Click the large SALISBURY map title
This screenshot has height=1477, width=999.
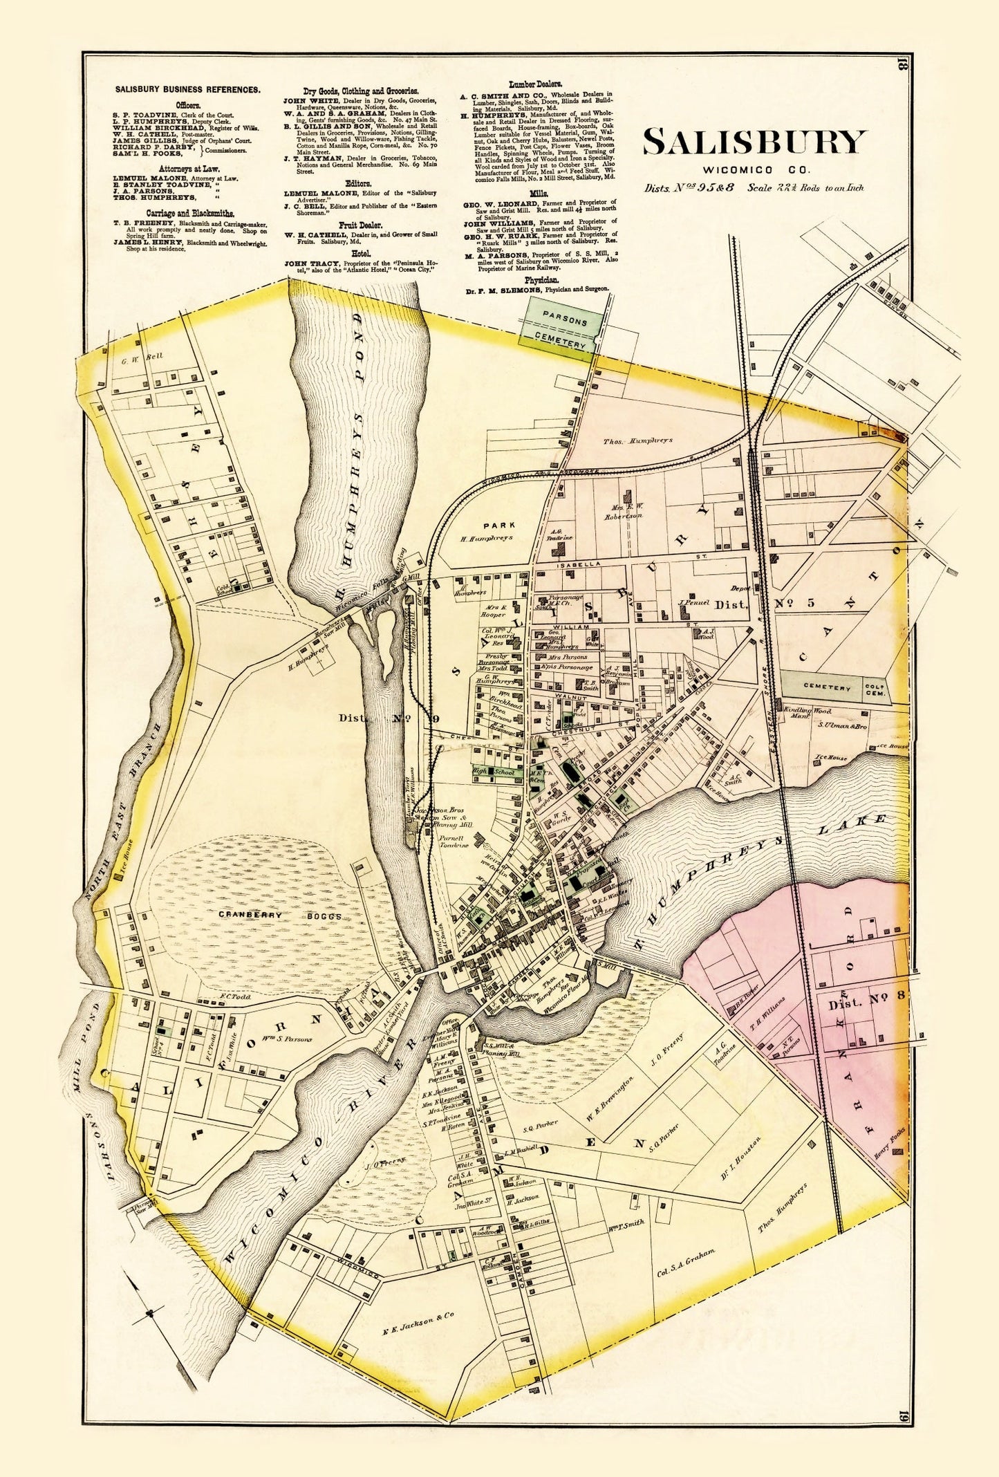click(754, 142)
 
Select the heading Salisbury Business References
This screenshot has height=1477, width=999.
click(187, 89)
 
